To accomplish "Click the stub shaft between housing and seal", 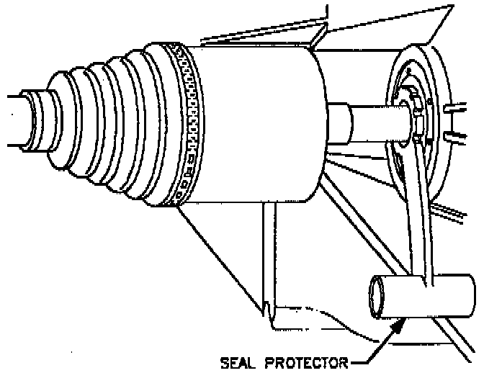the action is coord(360,121).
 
